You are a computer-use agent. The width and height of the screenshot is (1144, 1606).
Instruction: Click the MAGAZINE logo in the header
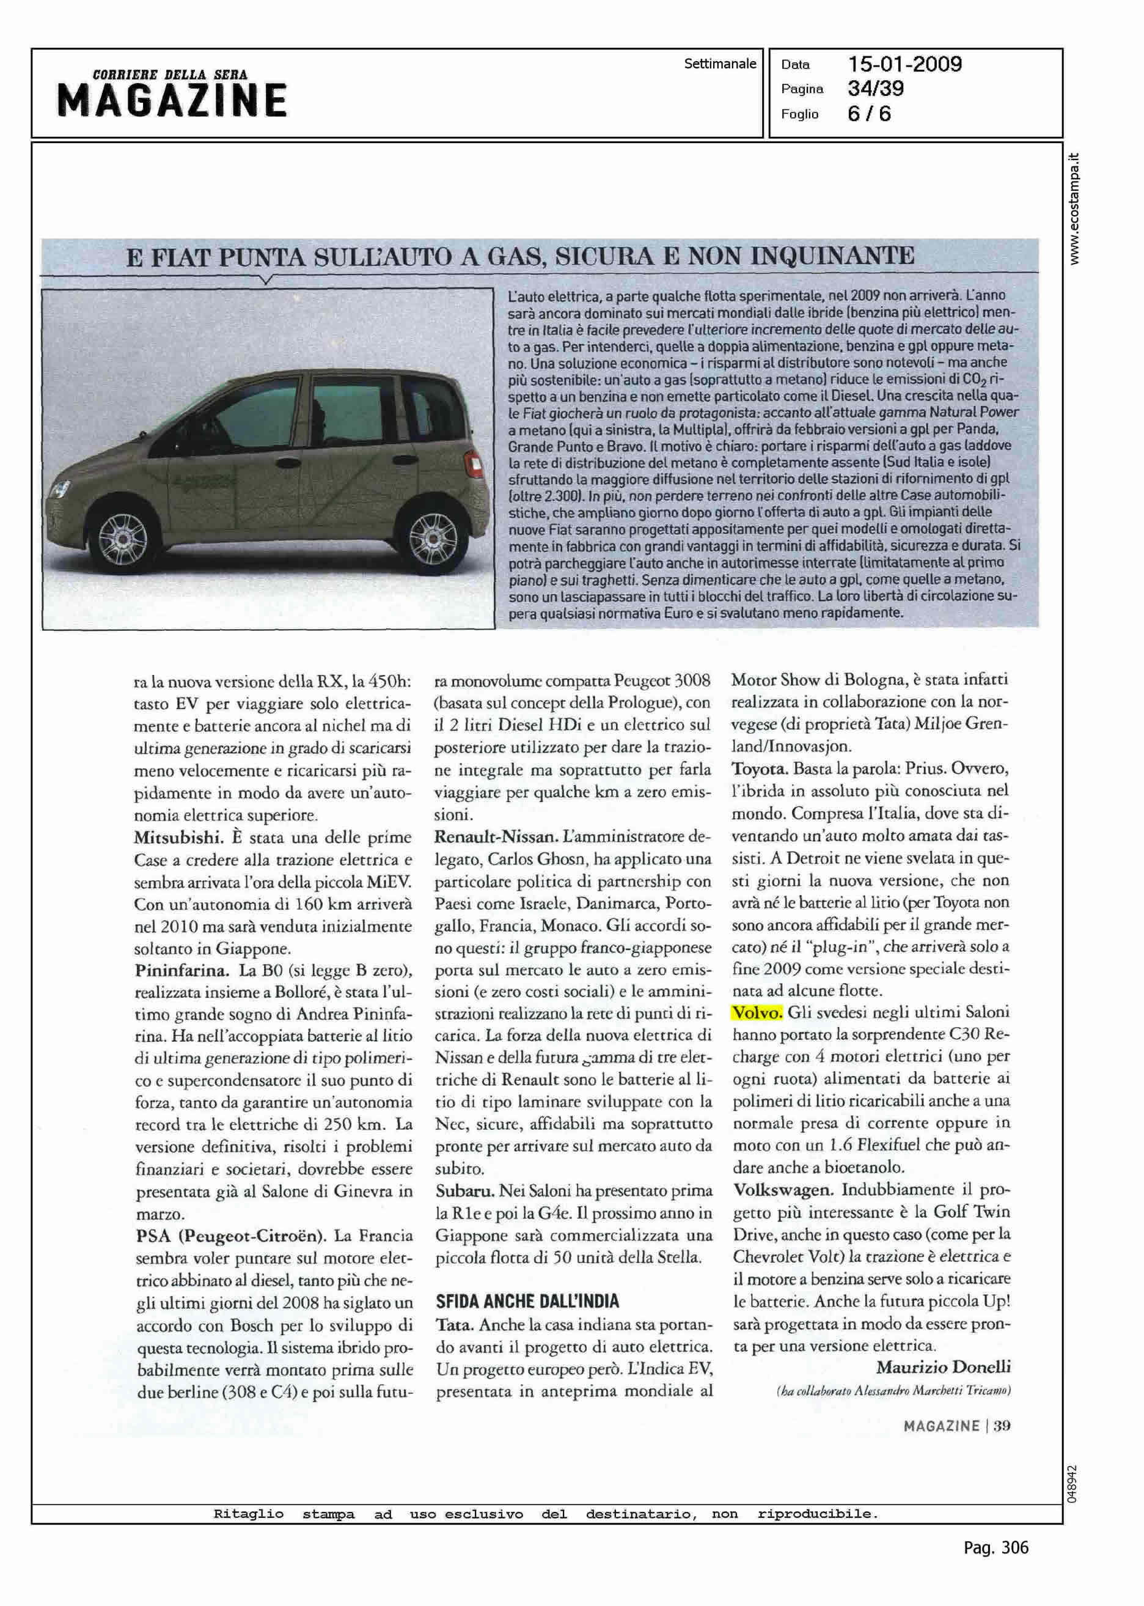172,100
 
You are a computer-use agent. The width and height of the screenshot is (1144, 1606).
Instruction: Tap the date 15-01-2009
904,65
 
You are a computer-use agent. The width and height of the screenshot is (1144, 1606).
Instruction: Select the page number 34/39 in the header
876,89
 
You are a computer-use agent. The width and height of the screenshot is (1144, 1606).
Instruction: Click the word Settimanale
719,64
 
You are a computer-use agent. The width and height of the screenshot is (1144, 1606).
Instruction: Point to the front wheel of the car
124,540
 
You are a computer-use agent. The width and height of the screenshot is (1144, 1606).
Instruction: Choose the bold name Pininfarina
182,970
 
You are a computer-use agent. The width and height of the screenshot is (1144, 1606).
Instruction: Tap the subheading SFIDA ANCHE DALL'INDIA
527,1301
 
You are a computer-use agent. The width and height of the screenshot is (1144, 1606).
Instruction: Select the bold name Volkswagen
783,1190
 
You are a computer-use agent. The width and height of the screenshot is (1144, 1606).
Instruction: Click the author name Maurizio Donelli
942,1367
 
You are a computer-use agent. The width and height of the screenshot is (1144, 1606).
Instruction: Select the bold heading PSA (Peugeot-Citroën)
230,1236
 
